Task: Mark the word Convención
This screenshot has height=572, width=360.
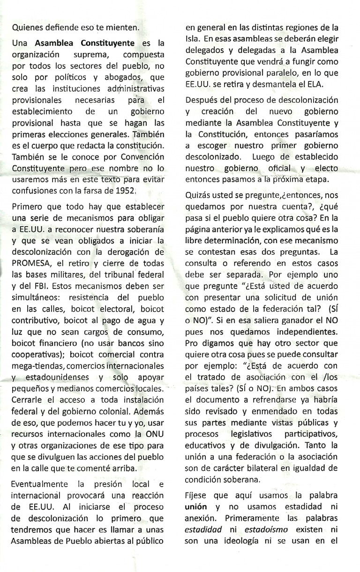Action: [140, 156]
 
